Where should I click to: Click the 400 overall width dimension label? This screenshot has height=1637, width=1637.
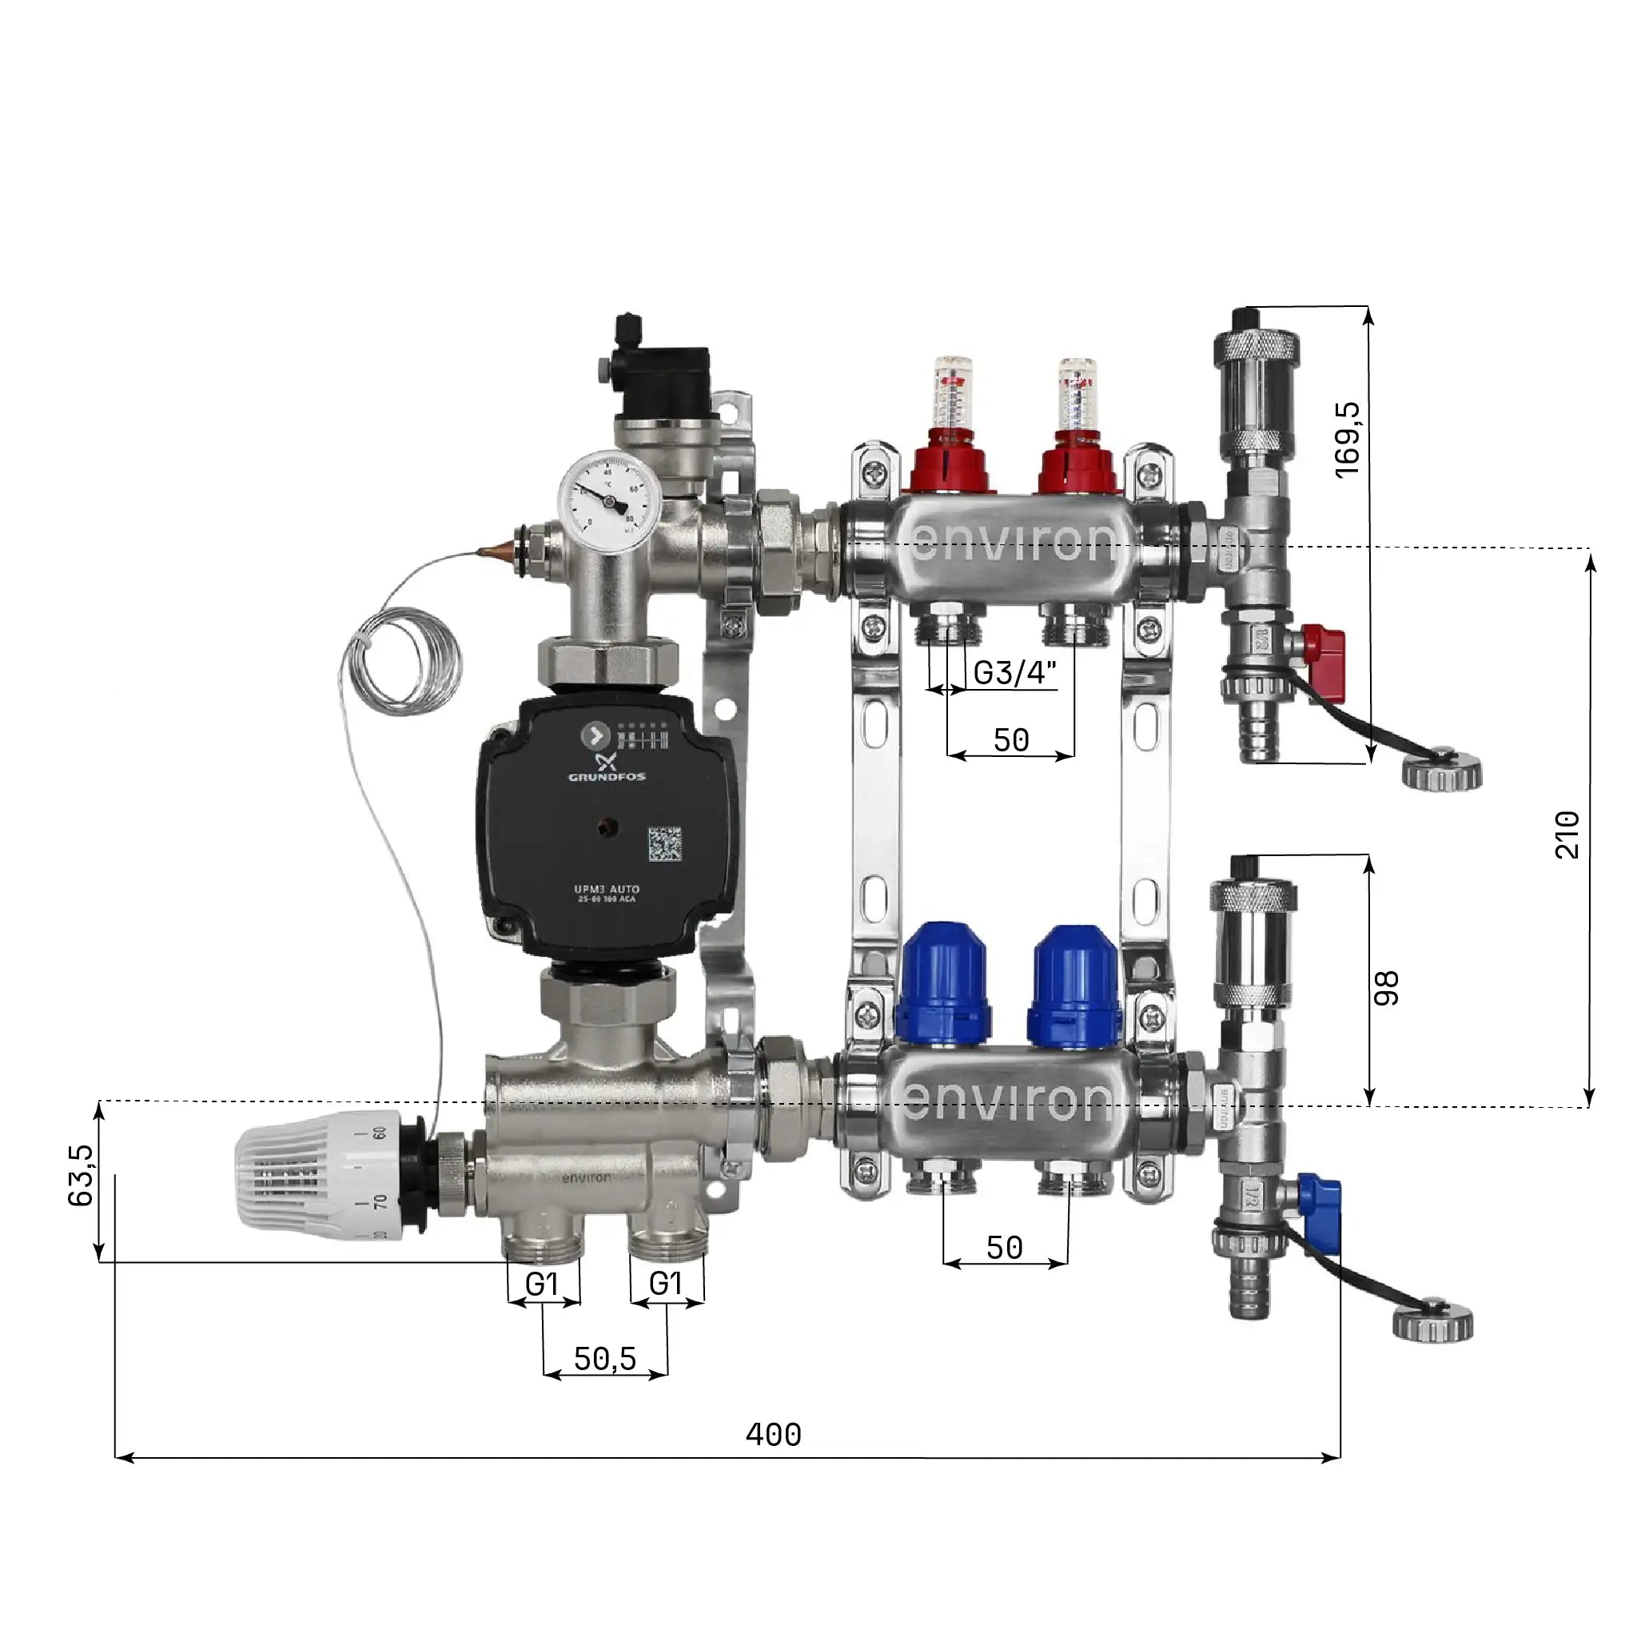773,1436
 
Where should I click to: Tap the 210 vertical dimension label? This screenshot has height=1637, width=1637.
1567,834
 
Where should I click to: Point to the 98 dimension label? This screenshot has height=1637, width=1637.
1386,988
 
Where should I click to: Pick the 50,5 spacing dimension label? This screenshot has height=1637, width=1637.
604,1359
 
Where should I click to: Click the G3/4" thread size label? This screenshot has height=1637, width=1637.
1014,673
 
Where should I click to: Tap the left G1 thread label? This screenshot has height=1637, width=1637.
542,1285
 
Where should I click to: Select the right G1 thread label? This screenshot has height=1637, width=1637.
666,1285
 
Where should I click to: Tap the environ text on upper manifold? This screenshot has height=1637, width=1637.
1014,541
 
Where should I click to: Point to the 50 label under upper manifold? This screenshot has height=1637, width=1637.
1010,740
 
